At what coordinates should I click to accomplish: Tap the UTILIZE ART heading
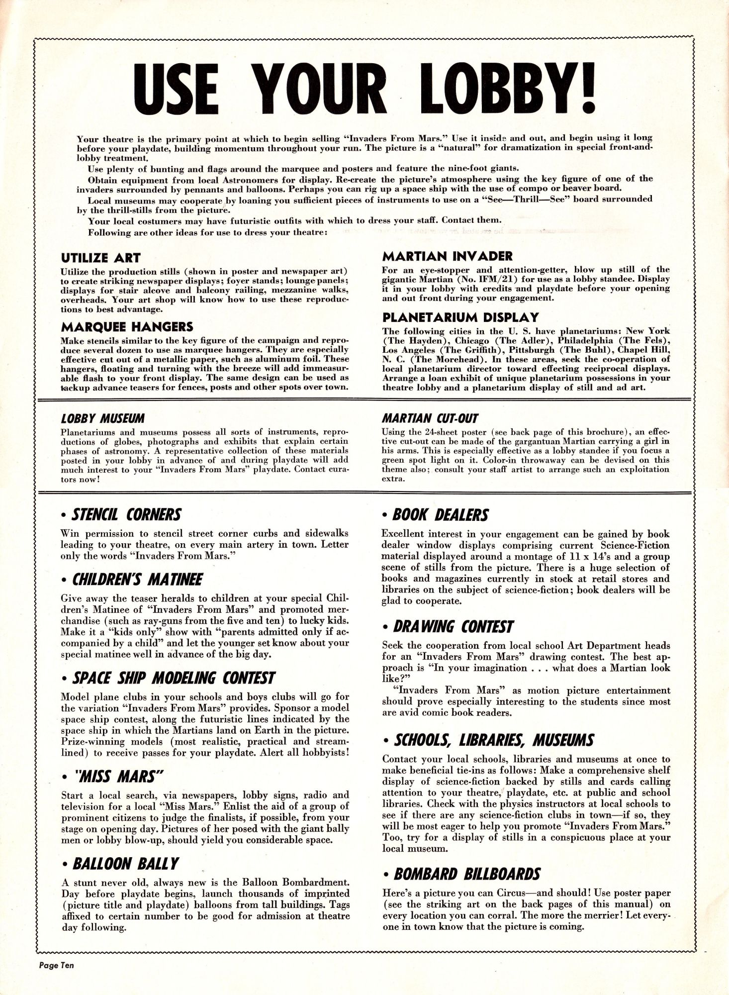tap(100, 258)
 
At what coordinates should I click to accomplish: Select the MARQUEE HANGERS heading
tap(127, 327)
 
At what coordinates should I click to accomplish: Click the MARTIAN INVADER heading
tap(447, 256)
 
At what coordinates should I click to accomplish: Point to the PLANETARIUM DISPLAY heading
tap(460, 317)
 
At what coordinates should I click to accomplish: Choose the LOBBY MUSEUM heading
tap(101, 418)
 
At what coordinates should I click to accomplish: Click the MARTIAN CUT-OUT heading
tap(429, 418)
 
